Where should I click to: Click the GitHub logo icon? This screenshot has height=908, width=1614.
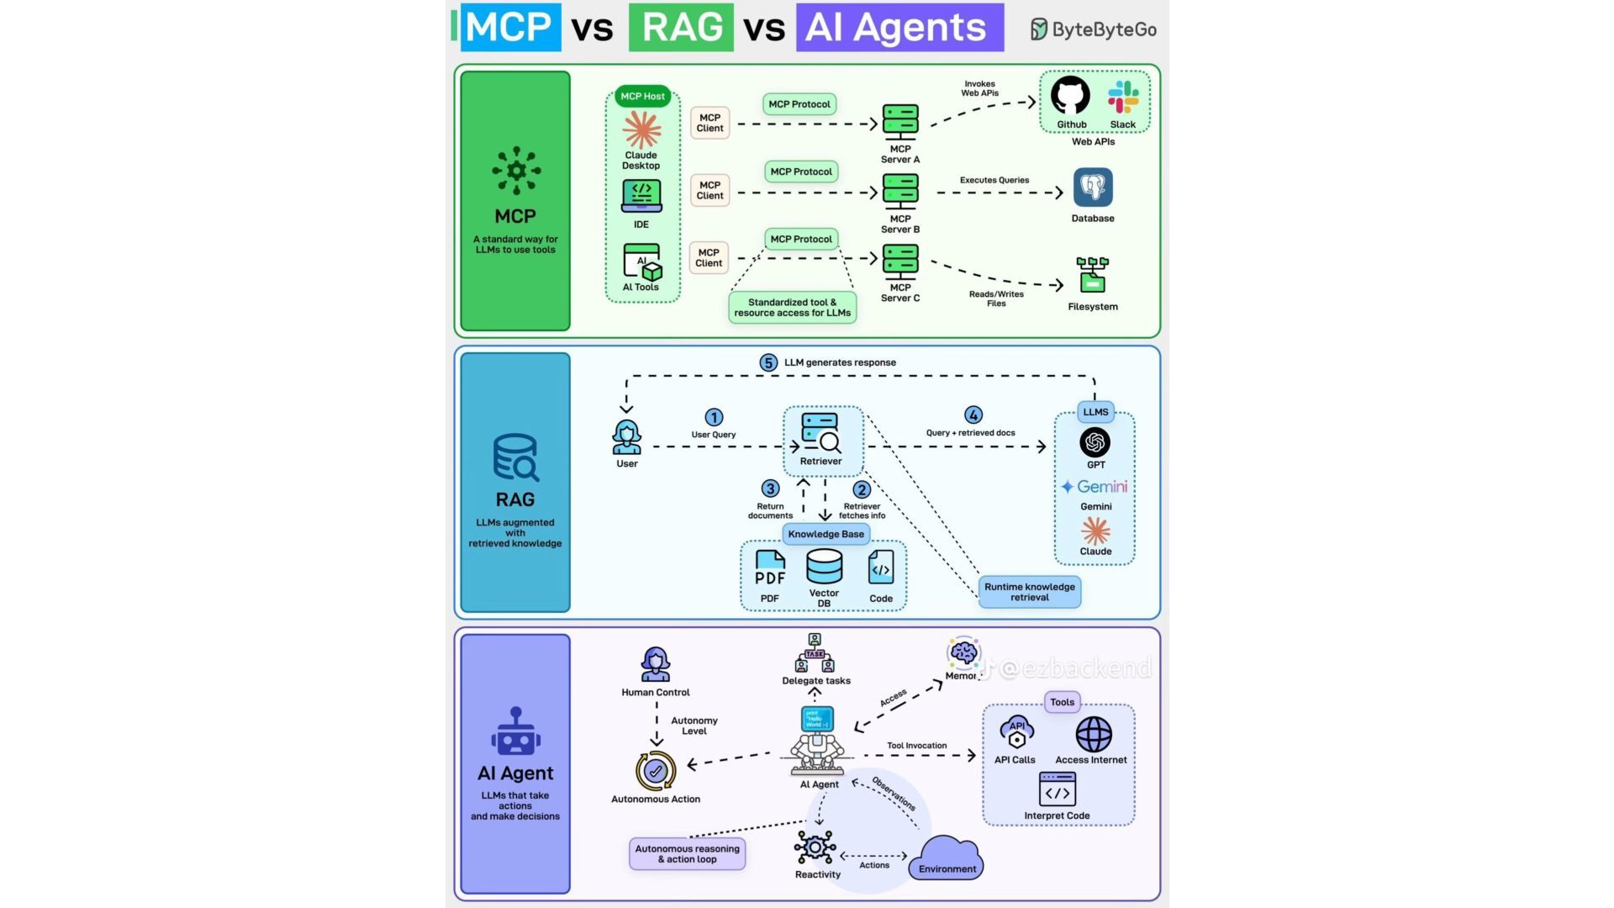click(1070, 96)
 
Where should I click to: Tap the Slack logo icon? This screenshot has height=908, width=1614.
click(1123, 97)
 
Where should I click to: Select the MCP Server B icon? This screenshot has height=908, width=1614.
click(900, 191)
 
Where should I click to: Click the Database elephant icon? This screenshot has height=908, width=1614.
click(1093, 187)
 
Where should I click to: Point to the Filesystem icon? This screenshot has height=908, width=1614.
click(1092, 275)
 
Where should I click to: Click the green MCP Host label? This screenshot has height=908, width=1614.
click(642, 96)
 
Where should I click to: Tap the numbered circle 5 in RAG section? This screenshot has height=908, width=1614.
click(768, 362)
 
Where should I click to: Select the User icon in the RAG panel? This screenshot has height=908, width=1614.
click(626, 437)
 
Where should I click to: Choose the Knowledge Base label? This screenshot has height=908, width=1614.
click(825, 534)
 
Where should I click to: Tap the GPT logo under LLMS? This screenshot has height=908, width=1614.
click(1094, 442)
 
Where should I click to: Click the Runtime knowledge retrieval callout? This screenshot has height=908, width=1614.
click(1029, 592)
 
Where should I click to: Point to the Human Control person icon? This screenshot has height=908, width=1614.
click(655, 664)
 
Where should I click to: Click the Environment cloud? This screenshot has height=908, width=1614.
click(947, 858)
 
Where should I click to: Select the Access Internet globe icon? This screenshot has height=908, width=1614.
click(1094, 734)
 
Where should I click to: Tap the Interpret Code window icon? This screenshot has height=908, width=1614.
click(1057, 789)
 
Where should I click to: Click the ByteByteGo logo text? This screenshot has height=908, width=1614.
click(1094, 29)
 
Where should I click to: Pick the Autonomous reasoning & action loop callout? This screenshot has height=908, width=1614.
click(687, 853)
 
